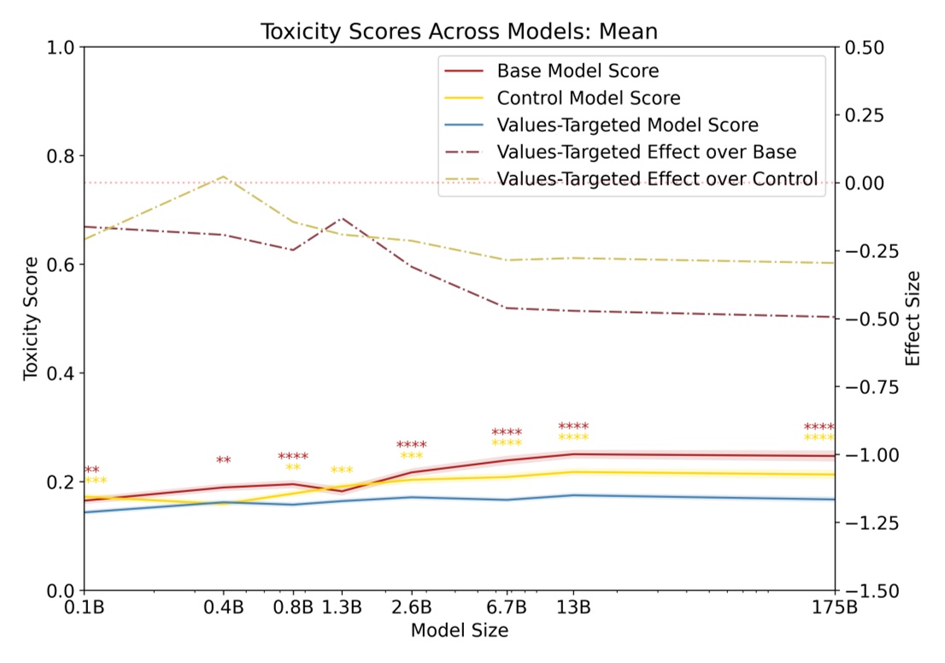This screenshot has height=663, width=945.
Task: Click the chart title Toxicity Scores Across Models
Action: [459, 32]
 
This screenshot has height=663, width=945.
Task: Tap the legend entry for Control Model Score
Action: [589, 97]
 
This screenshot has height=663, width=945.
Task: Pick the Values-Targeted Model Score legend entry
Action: [627, 125]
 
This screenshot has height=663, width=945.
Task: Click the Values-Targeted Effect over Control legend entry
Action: [657, 179]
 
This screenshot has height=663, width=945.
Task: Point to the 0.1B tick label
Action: [84, 608]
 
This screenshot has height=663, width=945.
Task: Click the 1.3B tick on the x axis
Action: [342, 608]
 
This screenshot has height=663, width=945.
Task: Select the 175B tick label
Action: [834, 608]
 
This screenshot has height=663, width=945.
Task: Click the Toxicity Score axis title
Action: [31, 318]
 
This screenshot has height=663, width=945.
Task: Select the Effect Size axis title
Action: [913, 318]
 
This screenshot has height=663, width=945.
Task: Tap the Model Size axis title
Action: [459, 631]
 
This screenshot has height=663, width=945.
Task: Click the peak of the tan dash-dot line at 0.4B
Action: [224, 177]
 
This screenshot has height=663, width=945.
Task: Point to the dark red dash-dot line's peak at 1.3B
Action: [342, 219]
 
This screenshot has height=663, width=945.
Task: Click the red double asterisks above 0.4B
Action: [224, 461]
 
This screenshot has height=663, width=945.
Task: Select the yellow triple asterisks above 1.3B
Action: [342, 472]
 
